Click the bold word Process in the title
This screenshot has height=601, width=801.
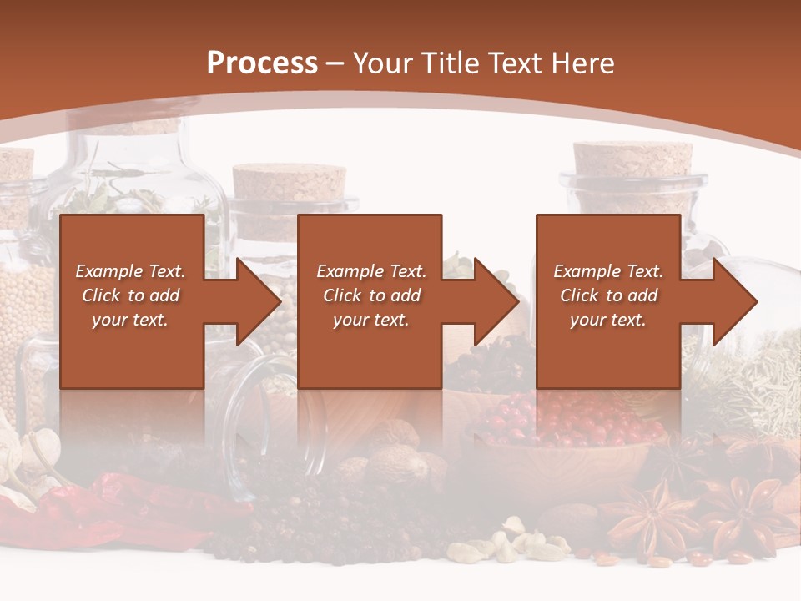click(x=262, y=63)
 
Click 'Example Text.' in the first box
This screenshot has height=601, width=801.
click(x=130, y=271)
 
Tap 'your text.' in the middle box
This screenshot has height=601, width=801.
click(x=370, y=320)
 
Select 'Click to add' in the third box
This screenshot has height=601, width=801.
click(x=608, y=295)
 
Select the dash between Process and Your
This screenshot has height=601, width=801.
click(x=335, y=63)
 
